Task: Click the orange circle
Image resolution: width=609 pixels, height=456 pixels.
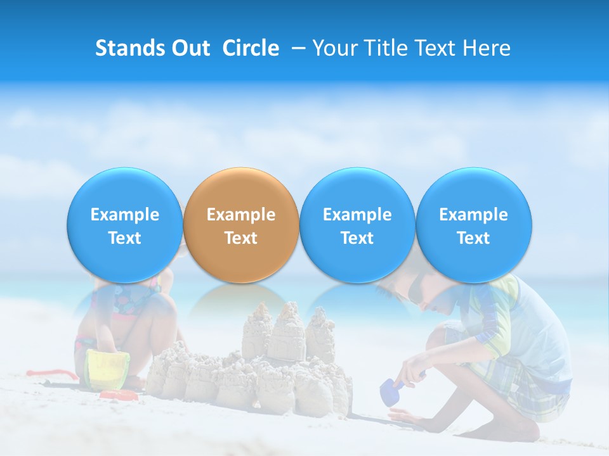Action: tap(241, 225)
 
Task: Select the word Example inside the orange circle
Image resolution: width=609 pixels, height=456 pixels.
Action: tap(241, 215)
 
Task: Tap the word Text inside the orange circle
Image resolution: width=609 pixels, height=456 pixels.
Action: tap(241, 238)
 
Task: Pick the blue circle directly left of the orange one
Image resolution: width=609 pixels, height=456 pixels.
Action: tap(124, 225)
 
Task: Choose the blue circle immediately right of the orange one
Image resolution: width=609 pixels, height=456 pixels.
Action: tap(357, 225)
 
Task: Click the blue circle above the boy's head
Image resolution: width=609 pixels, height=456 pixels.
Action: tap(473, 225)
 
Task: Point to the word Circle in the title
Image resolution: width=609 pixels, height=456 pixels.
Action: tap(251, 48)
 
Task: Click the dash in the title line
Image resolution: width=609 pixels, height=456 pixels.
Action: tap(296, 48)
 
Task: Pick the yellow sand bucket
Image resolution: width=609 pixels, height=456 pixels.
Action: tap(108, 370)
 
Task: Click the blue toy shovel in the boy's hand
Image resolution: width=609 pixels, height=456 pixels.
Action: tap(388, 392)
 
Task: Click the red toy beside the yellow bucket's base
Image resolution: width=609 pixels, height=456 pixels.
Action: tap(119, 396)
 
